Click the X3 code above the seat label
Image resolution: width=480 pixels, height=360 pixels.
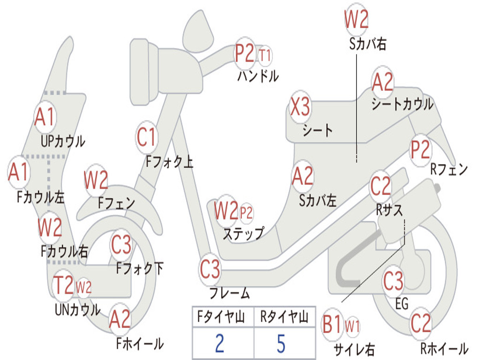tap(300, 107)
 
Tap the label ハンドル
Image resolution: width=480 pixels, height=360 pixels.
tap(258, 76)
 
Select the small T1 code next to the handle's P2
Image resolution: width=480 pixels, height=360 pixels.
tap(265, 56)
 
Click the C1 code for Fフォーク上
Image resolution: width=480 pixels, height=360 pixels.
tap(146, 137)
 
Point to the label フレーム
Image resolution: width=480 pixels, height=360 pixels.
tap(230, 293)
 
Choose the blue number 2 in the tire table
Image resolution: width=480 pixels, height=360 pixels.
tap(219, 344)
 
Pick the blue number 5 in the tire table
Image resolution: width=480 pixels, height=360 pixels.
tap(281, 344)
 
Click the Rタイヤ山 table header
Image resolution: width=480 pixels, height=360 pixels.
tap(285, 316)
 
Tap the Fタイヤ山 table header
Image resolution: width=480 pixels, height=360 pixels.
tap(221, 316)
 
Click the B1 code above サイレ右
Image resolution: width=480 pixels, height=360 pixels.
tap(332, 324)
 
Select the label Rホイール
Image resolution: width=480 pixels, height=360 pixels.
tap(444, 348)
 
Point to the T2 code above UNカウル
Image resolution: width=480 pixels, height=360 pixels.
tap(63, 285)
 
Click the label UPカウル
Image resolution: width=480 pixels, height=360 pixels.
tap(63, 142)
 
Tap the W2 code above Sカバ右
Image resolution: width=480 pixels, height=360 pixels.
tap(356, 19)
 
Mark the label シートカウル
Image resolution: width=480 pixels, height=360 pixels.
tap(403, 104)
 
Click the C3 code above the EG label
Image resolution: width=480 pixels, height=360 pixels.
tap(393, 281)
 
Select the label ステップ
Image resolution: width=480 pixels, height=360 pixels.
tap(243, 234)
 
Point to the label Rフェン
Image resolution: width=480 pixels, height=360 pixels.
tap(449, 169)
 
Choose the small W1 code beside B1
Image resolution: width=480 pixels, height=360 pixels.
tap(352, 326)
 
